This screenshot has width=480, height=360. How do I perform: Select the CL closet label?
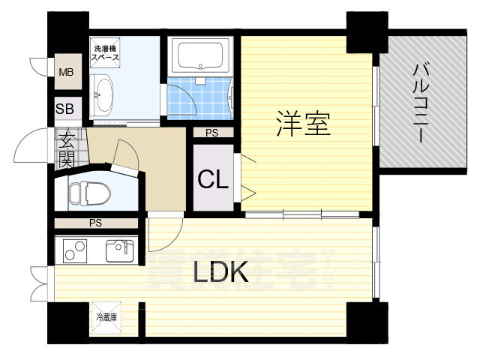tap(213, 179)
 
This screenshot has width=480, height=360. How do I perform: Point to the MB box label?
tap(66, 73)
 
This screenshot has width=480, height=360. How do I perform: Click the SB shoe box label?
tap(64, 109)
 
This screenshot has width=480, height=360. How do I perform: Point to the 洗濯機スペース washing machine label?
tap(106, 52)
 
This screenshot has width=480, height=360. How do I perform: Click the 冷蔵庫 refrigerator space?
tap(106, 317)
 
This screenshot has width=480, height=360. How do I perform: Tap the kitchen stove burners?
tap(73, 250)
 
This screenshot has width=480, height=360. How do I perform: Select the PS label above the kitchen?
tap(95, 223)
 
